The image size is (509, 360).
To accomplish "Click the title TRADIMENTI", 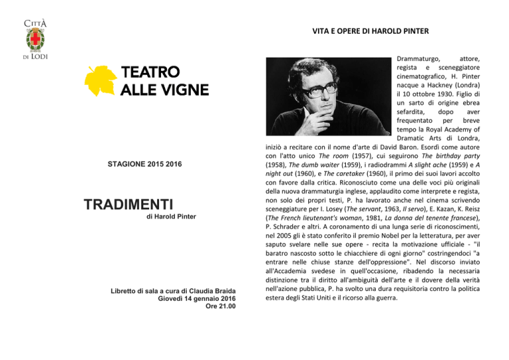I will [129, 204].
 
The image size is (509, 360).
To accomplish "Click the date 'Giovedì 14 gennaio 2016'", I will [197, 297].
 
